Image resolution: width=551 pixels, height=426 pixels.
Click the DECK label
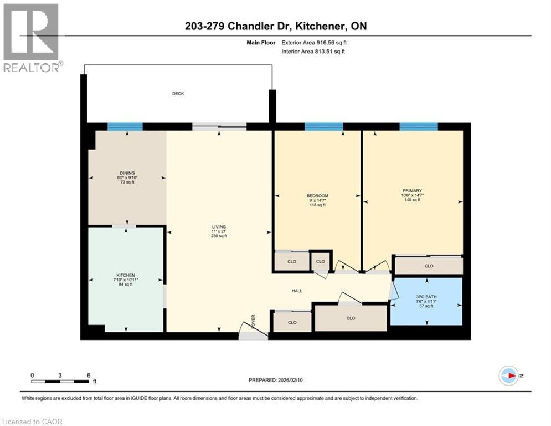coord(177,94)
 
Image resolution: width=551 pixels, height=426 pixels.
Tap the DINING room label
coord(127,173)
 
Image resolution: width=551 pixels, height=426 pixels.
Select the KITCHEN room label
coord(126,275)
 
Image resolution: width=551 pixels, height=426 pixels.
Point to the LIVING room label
coord(219,227)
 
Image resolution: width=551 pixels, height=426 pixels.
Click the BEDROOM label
coord(317,196)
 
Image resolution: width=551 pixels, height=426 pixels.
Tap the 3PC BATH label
coord(426,297)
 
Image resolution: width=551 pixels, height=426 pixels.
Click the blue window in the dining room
coord(125,126)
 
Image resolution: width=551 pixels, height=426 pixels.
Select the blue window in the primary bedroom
coord(419,126)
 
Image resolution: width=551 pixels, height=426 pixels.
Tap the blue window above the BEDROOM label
coord(323,126)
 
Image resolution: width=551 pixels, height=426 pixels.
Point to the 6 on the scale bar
coord(89,375)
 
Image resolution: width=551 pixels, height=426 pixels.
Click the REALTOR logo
coord(32,38)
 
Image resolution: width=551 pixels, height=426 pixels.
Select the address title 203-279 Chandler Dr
coord(275,26)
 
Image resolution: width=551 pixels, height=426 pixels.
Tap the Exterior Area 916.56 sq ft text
coord(316,42)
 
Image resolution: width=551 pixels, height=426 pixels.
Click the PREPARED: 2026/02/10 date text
coord(275,380)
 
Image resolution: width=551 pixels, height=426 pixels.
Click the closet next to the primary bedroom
coord(429,266)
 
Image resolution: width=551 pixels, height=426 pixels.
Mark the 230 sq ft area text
coord(219,236)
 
